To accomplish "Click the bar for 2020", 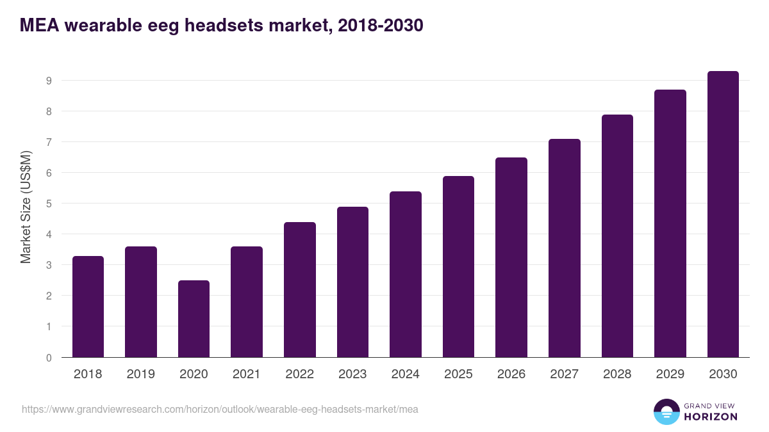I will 194,319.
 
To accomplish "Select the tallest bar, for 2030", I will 723,214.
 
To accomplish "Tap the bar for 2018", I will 88,307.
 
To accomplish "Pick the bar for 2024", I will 406,274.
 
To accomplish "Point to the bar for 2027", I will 565,248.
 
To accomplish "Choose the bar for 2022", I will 300,289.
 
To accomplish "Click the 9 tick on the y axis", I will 48,81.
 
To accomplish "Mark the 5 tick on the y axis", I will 48,204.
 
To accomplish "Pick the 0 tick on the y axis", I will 48,358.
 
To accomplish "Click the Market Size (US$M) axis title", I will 26,207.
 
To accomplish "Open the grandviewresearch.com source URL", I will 220,409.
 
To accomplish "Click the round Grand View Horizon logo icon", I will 666,412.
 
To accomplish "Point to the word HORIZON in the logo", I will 711,417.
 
